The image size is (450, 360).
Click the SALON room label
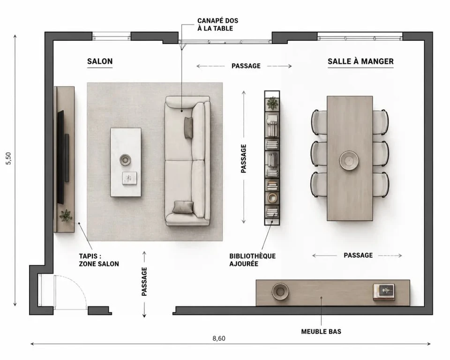[x=100, y=61]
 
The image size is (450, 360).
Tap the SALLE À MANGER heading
[x=360, y=61]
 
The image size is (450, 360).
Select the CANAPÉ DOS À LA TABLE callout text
[x=218, y=24]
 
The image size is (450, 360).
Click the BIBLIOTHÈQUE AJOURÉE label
[x=252, y=260]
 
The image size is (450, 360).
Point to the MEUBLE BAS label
[x=321, y=331]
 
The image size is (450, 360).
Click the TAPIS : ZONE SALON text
[x=99, y=260]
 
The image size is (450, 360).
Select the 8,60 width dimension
[x=219, y=338]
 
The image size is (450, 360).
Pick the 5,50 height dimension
[x=8, y=158]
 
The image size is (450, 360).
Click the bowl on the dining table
[x=349, y=160]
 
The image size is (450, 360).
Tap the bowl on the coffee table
[x=125, y=160]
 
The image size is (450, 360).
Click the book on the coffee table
[x=129, y=178]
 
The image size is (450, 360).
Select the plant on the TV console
[x=66, y=215]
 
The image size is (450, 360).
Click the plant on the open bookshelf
[x=272, y=103]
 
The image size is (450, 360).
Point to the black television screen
[x=60, y=157]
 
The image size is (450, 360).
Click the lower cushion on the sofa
[x=183, y=207]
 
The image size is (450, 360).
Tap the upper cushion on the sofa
[x=188, y=128]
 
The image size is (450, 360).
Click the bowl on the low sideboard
[x=280, y=292]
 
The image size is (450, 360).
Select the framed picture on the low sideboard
[x=384, y=292]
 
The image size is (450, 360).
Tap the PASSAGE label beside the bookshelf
[x=244, y=158]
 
